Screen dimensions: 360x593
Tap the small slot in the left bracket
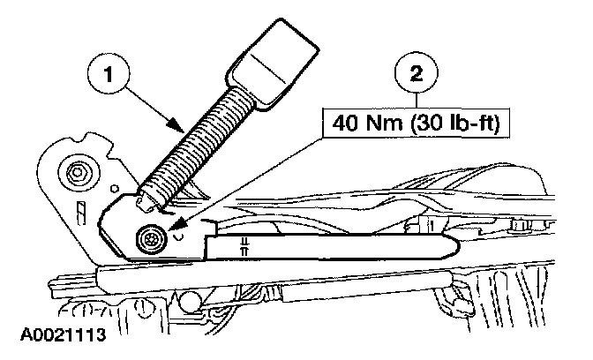pyautogui.click(x=79, y=212)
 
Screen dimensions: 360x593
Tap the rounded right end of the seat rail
pyautogui.click(x=453, y=245)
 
